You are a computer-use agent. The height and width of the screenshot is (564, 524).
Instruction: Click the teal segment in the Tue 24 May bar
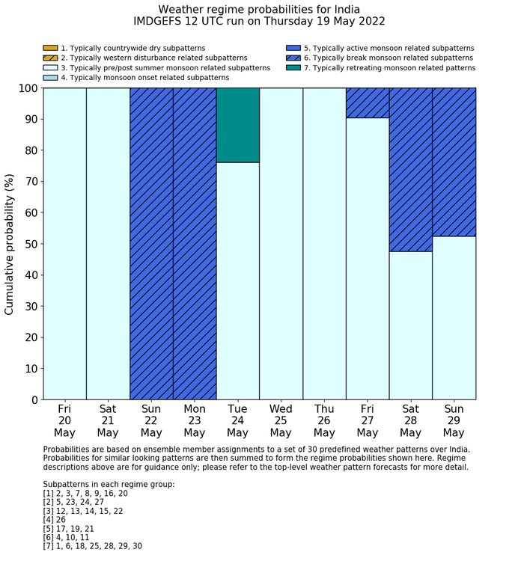click(237, 125)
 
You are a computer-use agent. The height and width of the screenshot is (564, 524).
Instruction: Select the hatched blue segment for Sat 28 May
click(410, 169)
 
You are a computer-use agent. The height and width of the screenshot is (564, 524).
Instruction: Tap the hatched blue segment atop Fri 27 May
click(367, 102)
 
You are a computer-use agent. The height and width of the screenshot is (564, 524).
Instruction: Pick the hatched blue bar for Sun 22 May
click(151, 243)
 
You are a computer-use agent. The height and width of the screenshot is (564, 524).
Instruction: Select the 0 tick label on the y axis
click(34, 400)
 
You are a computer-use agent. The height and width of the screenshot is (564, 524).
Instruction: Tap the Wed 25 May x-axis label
click(281, 420)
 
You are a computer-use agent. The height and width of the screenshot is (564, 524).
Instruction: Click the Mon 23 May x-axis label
click(195, 420)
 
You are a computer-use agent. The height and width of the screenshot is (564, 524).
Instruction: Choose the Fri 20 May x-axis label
click(64, 420)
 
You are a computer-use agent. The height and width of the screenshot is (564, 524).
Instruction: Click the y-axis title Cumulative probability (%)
click(10, 244)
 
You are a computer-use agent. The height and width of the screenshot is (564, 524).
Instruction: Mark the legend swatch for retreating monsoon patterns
click(293, 68)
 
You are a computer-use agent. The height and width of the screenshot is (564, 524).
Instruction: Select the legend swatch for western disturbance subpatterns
click(50, 58)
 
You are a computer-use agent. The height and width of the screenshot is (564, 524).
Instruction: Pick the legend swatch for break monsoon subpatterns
click(293, 58)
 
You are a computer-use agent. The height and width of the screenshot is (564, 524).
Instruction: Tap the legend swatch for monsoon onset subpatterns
click(50, 78)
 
